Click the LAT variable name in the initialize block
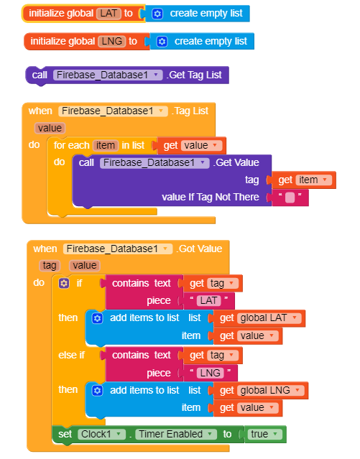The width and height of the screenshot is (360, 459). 109,14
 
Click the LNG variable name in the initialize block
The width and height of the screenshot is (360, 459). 112,41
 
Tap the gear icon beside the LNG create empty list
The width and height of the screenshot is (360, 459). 162,42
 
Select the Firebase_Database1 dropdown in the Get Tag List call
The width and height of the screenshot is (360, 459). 108,75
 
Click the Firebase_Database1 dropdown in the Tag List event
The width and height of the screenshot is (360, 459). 113,111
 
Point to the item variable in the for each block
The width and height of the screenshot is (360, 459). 106,146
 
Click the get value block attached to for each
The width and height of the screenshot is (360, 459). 192,146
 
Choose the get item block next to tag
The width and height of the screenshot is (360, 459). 303,180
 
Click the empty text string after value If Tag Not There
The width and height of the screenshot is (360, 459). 290,198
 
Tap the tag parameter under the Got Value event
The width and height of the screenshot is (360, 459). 50,266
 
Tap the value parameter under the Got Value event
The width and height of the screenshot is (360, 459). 85,266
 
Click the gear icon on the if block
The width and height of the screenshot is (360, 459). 64,283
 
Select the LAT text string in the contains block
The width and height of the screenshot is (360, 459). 208,301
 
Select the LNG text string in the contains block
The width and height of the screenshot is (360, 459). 210,373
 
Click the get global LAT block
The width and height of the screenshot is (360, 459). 259,318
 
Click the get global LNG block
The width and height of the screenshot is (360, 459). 261,391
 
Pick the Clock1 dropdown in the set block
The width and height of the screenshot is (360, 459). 101,434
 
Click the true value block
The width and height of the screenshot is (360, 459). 265,434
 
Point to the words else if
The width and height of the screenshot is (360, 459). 71,355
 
